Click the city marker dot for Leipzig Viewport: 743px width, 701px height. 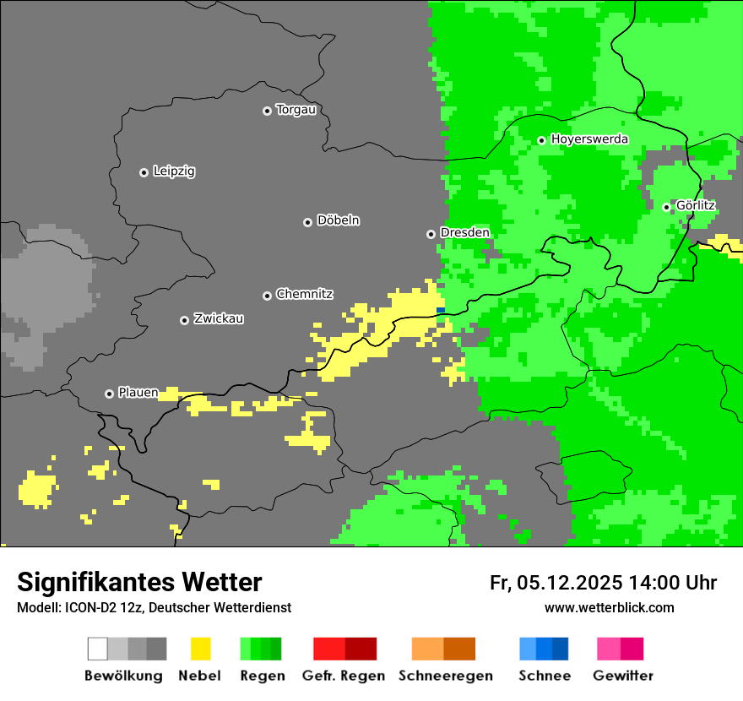[x=144, y=172]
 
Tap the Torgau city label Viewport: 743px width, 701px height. [x=296, y=110]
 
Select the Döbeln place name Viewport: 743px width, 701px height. [x=338, y=220]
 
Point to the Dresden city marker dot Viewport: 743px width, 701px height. [x=431, y=234]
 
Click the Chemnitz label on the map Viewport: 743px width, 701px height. [x=304, y=294]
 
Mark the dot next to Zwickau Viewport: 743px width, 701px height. [x=184, y=320]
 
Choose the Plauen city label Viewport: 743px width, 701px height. [x=138, y=393]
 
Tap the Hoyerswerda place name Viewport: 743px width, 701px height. [x=589, y=139]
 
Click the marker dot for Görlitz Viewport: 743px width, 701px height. [x=666, y=207]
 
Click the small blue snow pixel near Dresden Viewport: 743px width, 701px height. [x=441, y=310]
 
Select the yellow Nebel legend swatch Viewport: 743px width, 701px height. [x=200, y=649]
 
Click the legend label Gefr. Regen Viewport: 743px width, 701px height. [x=344, y=676]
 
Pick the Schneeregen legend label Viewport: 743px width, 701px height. [x=446, y=676]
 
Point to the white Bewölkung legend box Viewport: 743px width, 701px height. [x=98, y=649]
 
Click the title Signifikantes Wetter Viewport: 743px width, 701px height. [x=139, y=582]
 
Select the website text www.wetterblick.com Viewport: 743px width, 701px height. [x=609, y=607]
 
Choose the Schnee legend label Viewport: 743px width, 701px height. [x=545, y=676]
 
